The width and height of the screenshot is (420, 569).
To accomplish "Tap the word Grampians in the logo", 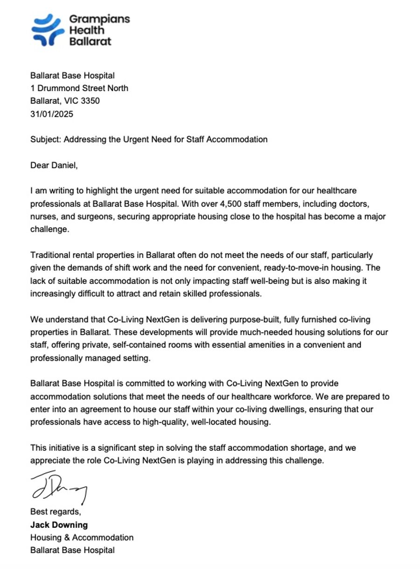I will click(x=99, y=19).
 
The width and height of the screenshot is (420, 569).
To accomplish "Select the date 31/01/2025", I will click(x=52, y=114).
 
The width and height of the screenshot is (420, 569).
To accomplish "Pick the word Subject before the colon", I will click(x=45, y=139).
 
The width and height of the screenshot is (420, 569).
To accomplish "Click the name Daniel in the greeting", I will click(x=63, y=165).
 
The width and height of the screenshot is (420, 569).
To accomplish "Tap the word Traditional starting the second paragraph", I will click(x=50, y=256).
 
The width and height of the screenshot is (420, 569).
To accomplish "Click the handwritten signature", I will click(x=58, y=486).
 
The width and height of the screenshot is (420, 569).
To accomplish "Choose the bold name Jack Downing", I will click(x=59, y=525).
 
